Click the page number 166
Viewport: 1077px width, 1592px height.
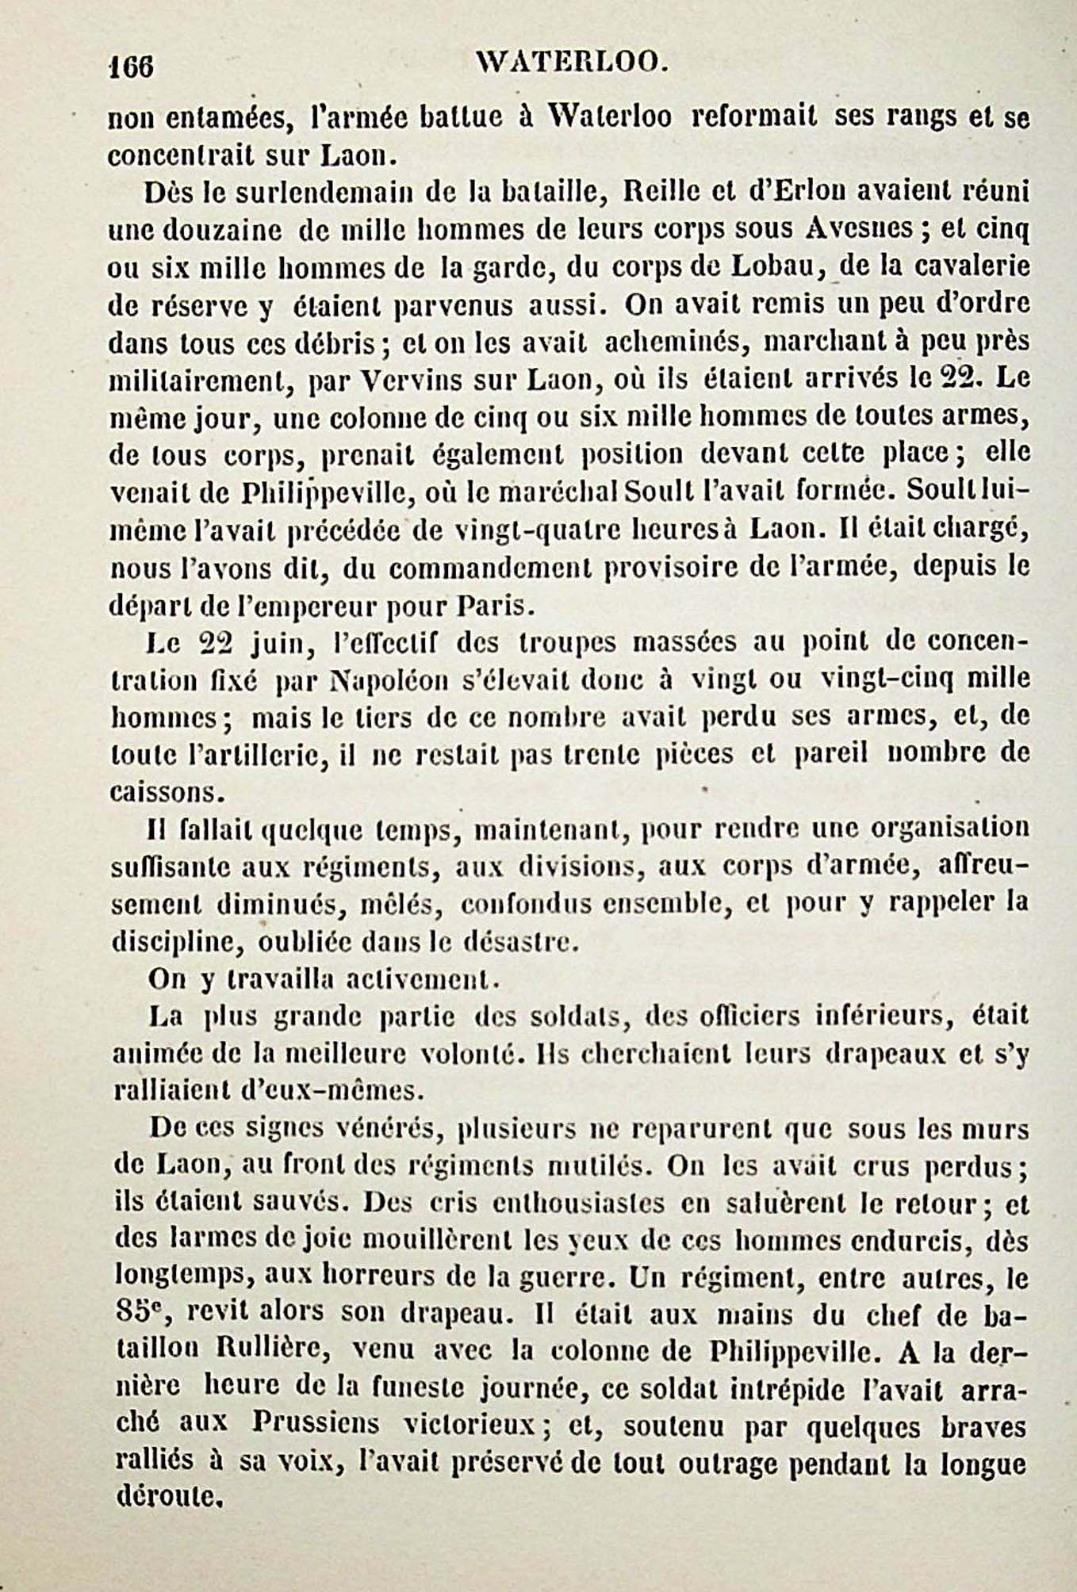pos(131,67)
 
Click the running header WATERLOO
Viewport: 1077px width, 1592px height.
pos(569,62)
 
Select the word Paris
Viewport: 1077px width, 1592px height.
pos(492,607)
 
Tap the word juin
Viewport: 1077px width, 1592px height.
pos(278,643)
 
